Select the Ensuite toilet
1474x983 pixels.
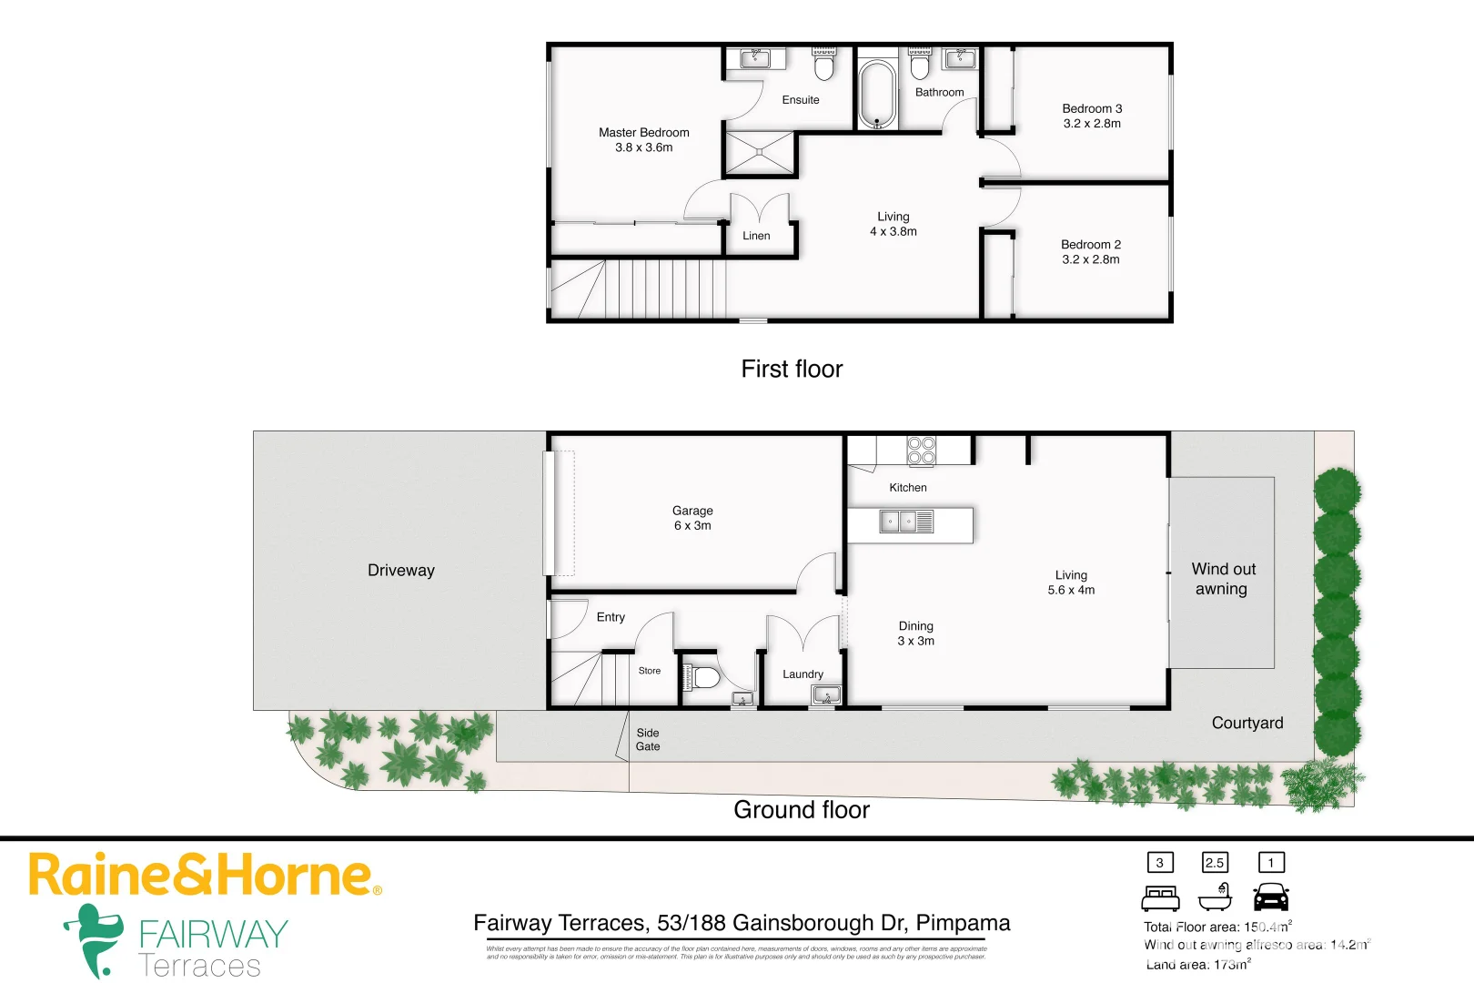824,65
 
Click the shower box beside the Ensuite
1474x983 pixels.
760,153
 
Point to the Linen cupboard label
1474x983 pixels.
756,236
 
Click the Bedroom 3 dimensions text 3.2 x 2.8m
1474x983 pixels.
1092,124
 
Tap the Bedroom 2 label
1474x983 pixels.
1091,244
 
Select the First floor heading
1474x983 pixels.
792,369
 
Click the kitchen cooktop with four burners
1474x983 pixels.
921,451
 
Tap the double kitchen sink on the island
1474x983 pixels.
898,522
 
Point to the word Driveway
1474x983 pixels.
401,571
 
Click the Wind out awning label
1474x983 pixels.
1223,579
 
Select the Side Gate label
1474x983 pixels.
648,739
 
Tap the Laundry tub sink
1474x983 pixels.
826,696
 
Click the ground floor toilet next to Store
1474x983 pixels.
702,678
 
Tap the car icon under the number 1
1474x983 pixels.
1271,897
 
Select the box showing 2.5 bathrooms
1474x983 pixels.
1215,862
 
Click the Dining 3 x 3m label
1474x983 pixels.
915,633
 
